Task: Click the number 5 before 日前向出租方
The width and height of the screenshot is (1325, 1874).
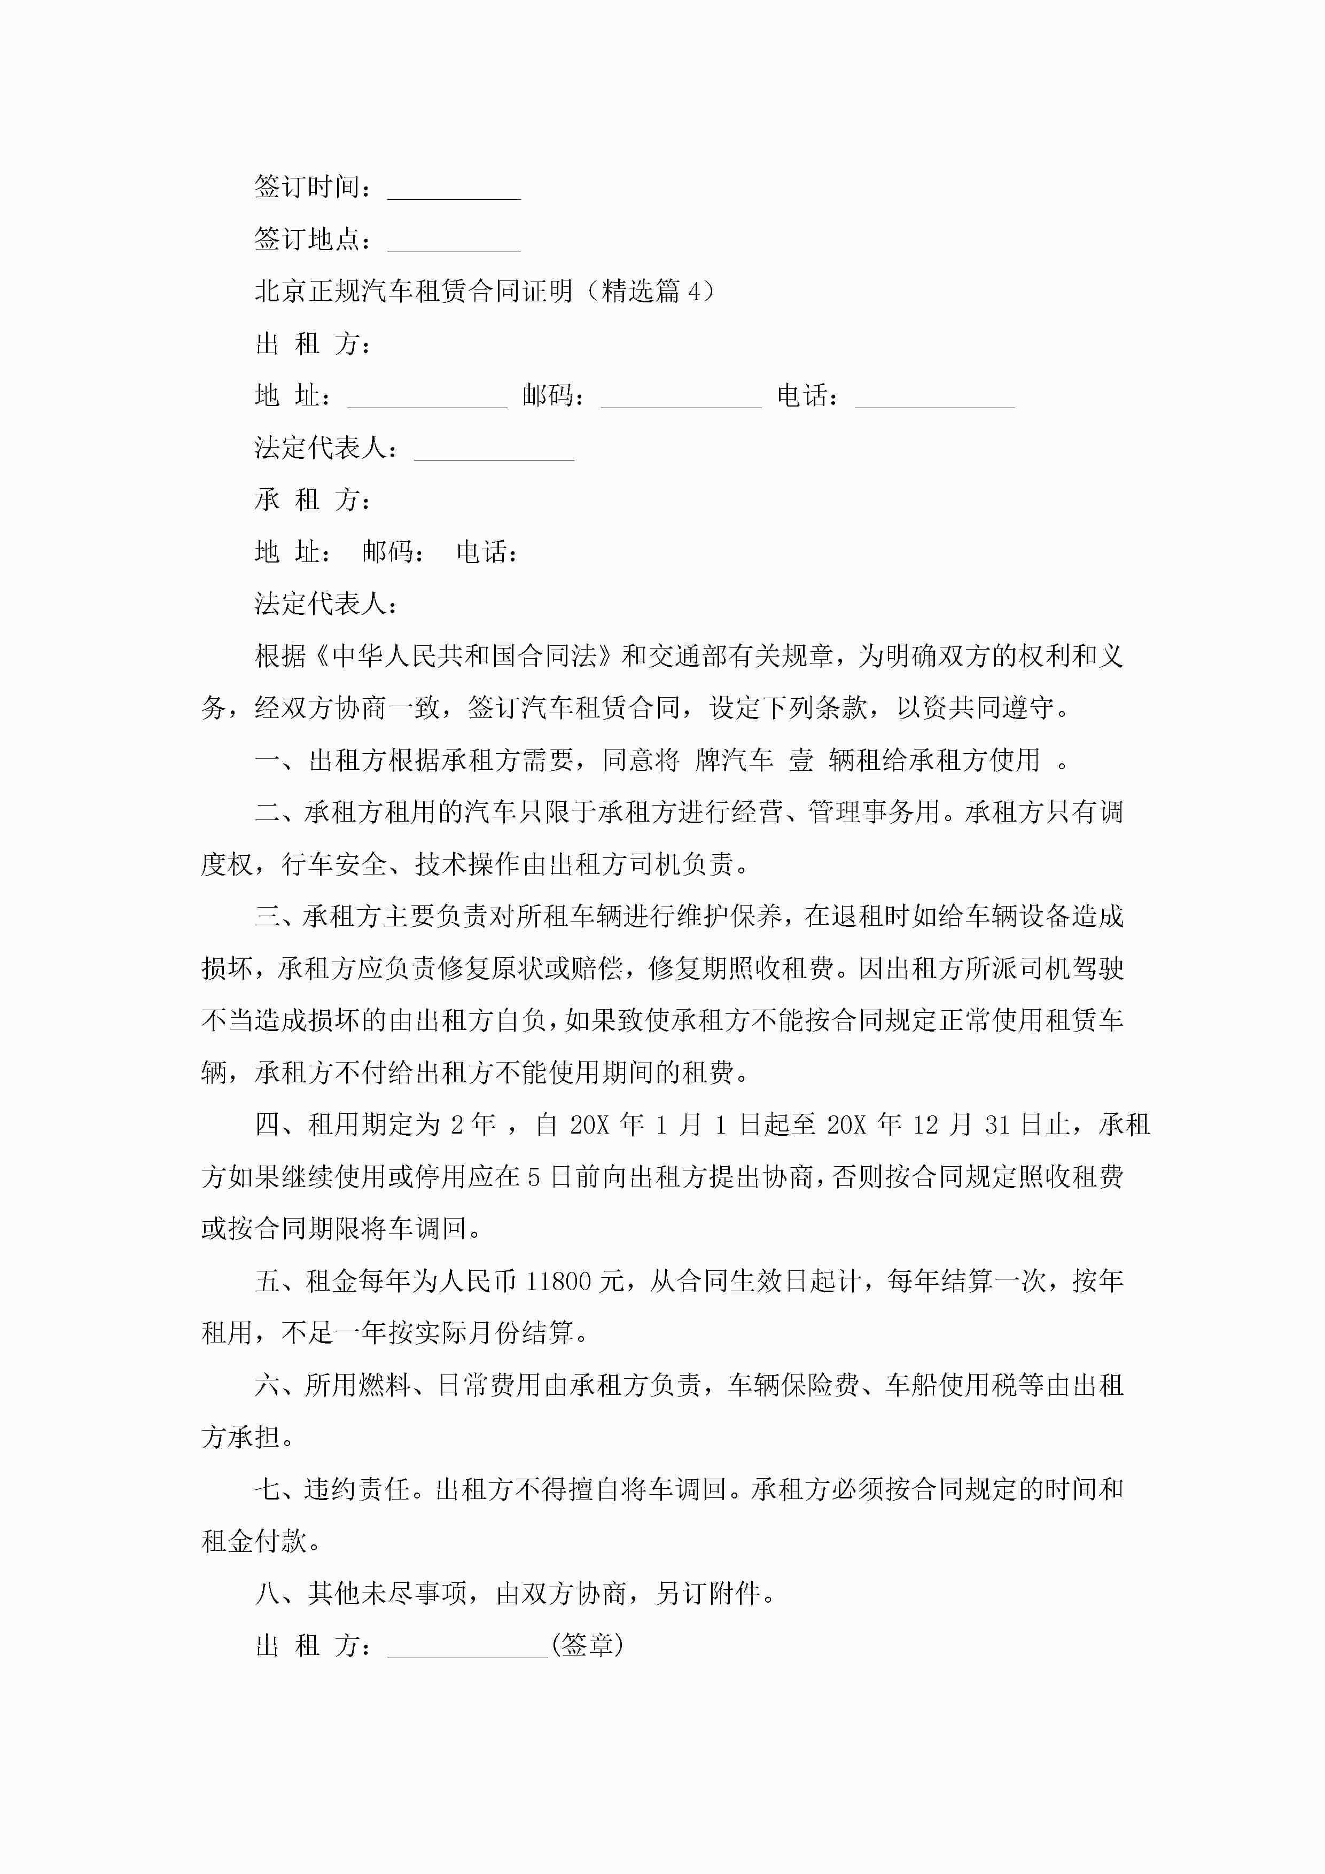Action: click(x=534, y=1177)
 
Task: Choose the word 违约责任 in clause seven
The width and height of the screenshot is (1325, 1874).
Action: click(x=357, y=1489)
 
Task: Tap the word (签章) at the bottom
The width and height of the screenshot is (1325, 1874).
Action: click(x=588, y=1645)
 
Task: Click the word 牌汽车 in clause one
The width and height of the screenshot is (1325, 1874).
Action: click(x=734, y=761)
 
